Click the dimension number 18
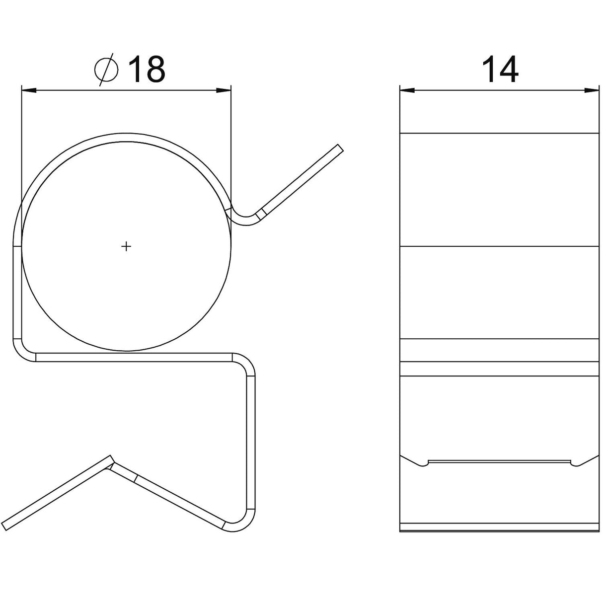(x=147, y=70)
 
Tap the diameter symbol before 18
(x=106, y=70)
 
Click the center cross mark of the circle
(x=126, y=247)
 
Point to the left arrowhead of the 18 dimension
(x=28, y=90)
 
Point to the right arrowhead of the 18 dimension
(x=224, y=90)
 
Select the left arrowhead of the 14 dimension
(x=407, y=90)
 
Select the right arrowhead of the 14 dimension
(x=593, y=90)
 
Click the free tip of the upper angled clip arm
(x=341, y=148)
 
